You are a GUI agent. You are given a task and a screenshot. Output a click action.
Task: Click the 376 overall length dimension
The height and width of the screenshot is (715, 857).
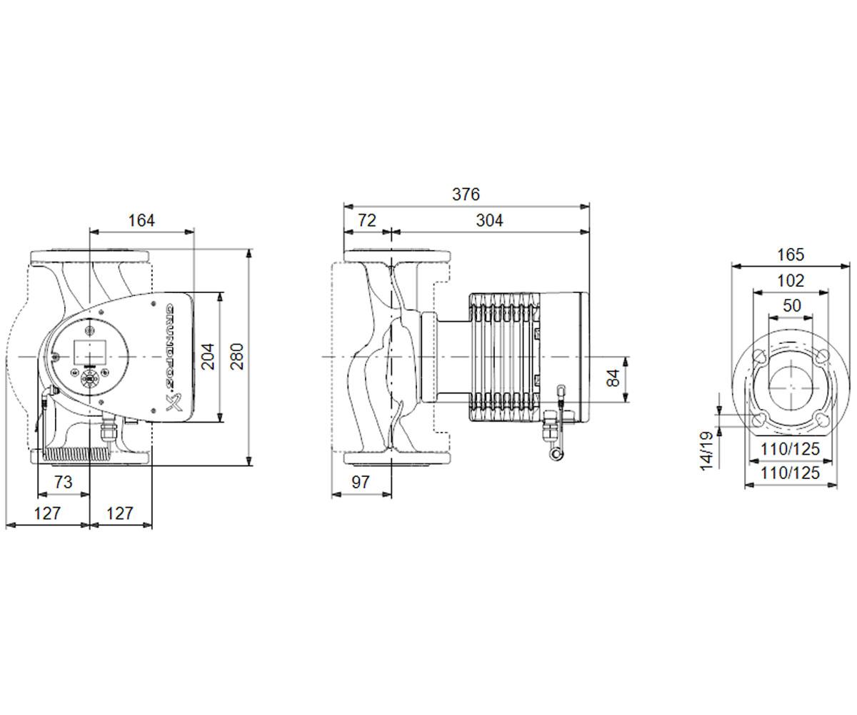tap(466, 194)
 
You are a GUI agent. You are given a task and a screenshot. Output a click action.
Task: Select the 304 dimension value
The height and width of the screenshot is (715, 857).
tap(489, 221)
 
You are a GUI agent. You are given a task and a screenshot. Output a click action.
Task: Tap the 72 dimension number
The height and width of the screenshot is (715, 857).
tap(367, 221)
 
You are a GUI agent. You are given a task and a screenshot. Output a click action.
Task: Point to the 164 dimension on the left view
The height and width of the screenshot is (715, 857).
tap(141, 221)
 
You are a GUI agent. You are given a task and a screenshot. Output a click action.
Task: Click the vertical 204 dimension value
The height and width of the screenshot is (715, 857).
tap(209, 357)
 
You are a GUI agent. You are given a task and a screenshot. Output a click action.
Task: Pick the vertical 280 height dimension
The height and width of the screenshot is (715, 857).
tap(237, 357)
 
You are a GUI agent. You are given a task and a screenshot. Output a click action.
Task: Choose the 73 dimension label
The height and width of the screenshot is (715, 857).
tap(64, 482)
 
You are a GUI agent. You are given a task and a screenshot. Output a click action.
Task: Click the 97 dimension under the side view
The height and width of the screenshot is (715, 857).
tap(361, 482)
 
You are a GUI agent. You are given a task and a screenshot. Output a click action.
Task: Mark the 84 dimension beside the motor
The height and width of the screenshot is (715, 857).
tap(613, 378)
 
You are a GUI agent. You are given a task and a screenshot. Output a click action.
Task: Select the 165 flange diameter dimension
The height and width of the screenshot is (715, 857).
tap(791, 255)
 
